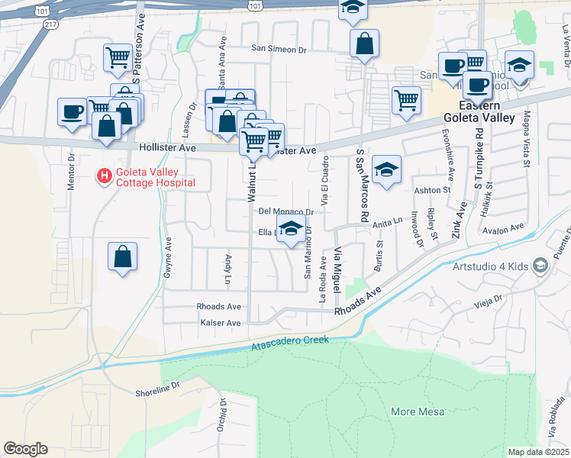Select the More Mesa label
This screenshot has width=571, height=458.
click(x=413, y=411)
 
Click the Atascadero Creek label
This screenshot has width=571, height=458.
click(x=290, y=343)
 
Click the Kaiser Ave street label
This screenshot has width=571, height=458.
click(x=220, y=323)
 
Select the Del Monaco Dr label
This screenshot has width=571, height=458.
click(x=286, y=211)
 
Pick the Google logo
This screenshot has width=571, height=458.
click(x=25, y=449)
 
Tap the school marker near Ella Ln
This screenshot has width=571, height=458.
click(x=291, y=229)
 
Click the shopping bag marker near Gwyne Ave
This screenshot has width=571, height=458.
click(x=122, y=258)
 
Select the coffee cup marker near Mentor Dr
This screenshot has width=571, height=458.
click(x=73, y=112)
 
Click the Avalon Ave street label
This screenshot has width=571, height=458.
click(x=508, y=227)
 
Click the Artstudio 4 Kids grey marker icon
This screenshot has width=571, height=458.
click(x=540, y=266)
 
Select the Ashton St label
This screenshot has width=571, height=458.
click(x=428, y=190)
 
